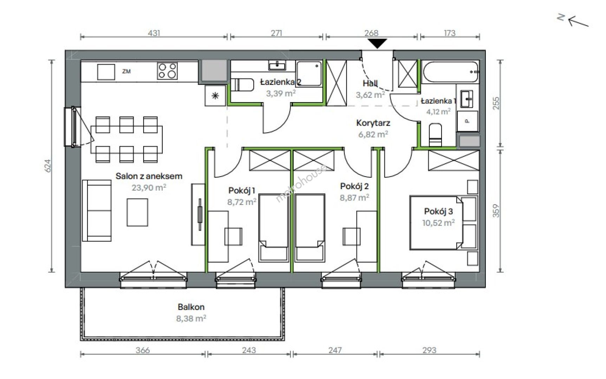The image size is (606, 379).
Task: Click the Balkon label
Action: click(x=191, y=307)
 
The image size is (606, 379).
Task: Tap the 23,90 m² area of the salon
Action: click(x=149, y=188)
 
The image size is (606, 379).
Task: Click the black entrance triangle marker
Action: click(x=378, y=43)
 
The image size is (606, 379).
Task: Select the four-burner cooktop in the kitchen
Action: click(x=167, y=71)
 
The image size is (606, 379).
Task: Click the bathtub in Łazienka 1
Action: click(x=450, y=72)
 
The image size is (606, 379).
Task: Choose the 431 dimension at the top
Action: click(x=154, y=33)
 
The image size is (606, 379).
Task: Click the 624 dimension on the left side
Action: click(x=48, y=166)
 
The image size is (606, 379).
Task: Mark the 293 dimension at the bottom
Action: click(x=429, y=350)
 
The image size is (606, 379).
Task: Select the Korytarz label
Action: click(x=373, y=123)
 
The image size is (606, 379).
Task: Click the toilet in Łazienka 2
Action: click(x=242, y=85)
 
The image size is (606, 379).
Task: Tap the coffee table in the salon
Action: click(x=137, y=212)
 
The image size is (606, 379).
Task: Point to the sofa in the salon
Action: click(x=97, y=211)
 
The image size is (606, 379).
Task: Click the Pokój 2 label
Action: click(x=354, y=186)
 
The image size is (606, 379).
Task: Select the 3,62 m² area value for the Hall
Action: click(x=370, y=94)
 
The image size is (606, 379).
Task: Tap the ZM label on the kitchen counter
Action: click(x=126, y=71)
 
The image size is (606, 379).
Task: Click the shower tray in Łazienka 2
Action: click(x=309, y=73)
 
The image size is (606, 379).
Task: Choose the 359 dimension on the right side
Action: click(x=496, y=211)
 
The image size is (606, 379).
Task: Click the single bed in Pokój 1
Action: click(x=274, y=228)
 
